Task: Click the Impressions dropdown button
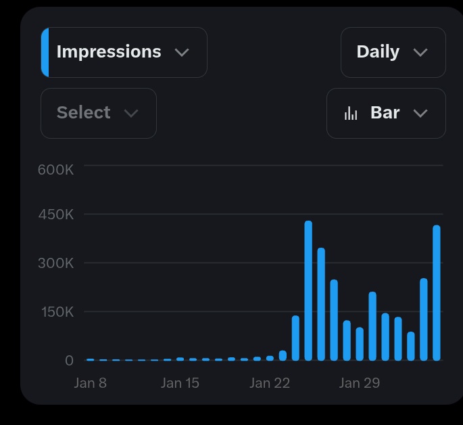point(124,52)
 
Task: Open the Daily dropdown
point(393,52)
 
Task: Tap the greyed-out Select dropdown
point(99,113)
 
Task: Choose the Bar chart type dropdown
point(386,113)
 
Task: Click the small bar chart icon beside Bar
point(351,113)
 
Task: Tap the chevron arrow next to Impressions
point(182,53)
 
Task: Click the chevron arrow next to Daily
point(420,53)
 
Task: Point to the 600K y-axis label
point(55,169)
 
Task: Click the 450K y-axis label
point(55,215)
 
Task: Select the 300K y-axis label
point(55,263)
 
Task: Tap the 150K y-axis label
point(55,312)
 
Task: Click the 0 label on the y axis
point(69,361)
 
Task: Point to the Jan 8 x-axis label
point(90,383)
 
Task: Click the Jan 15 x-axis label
point(180,383)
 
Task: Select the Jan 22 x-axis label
point(269,383)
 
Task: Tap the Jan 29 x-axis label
point(359,383)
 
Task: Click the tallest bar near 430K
point(308,291)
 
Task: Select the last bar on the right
point(437,293)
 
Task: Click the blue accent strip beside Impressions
point(45,52)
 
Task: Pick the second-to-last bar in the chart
point(424,319)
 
